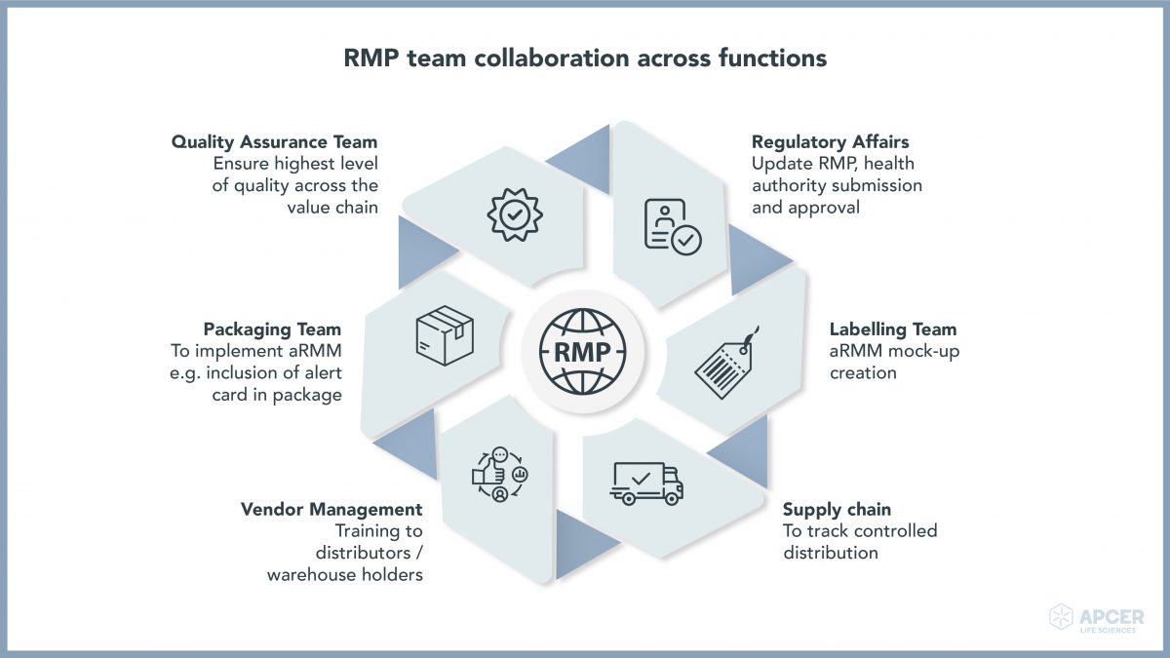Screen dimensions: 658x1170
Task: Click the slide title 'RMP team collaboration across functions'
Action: pos(585,58)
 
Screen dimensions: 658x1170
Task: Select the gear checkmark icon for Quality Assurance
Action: pos(514,215)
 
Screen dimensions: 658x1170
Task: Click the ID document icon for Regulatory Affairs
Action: pos(671,226)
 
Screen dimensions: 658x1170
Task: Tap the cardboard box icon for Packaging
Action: pos(444,334)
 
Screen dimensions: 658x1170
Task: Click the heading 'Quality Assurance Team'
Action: pos(274,142)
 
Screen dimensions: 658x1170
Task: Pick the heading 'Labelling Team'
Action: pos(893,329)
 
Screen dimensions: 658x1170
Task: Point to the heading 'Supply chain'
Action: pos(837,509)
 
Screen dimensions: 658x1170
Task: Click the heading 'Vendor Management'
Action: pos(331,509)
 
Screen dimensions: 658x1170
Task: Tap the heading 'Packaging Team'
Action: pos(272,329)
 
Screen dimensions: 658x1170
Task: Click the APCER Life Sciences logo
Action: pos(1096,619)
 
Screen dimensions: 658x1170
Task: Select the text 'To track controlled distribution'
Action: pos(859,542)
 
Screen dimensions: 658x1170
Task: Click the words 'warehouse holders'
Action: pos(344,575)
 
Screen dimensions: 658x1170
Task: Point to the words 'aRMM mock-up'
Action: pos(894,351)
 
